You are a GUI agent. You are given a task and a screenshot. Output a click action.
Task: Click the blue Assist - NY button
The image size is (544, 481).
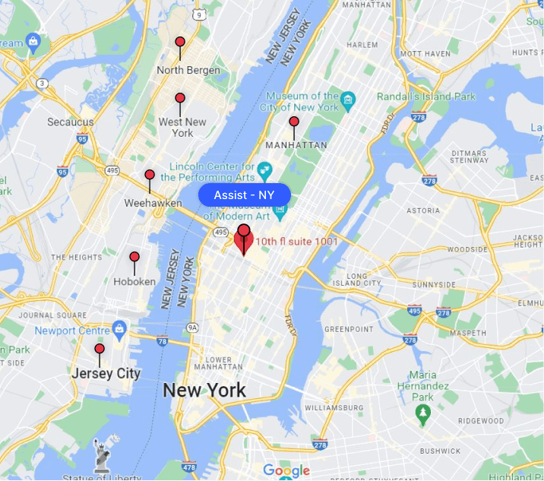coord(244,195)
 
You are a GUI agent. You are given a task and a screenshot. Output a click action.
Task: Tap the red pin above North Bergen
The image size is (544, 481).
coord(180,43)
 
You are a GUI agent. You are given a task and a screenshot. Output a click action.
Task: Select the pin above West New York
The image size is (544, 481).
coord(180,99)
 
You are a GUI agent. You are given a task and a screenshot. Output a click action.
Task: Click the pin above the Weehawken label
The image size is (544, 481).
coord(150,176)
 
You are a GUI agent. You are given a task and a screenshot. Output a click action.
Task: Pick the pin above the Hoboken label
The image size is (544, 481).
coord(134,258)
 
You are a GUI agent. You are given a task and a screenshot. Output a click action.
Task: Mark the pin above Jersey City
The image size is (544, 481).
coord(99,350)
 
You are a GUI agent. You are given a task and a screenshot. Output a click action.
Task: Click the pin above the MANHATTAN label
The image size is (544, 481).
coord(294,122)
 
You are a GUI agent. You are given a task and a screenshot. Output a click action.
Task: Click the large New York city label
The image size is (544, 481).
coord(204,391)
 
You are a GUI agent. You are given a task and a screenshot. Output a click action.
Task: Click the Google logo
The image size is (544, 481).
coord(286,471)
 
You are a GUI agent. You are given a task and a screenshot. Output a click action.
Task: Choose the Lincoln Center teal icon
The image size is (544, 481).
coord(264,169)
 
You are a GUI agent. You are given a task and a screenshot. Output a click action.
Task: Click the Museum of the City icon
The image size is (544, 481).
coord(349,100)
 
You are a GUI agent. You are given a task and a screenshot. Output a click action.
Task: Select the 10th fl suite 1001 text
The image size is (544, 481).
coord(296,241)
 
